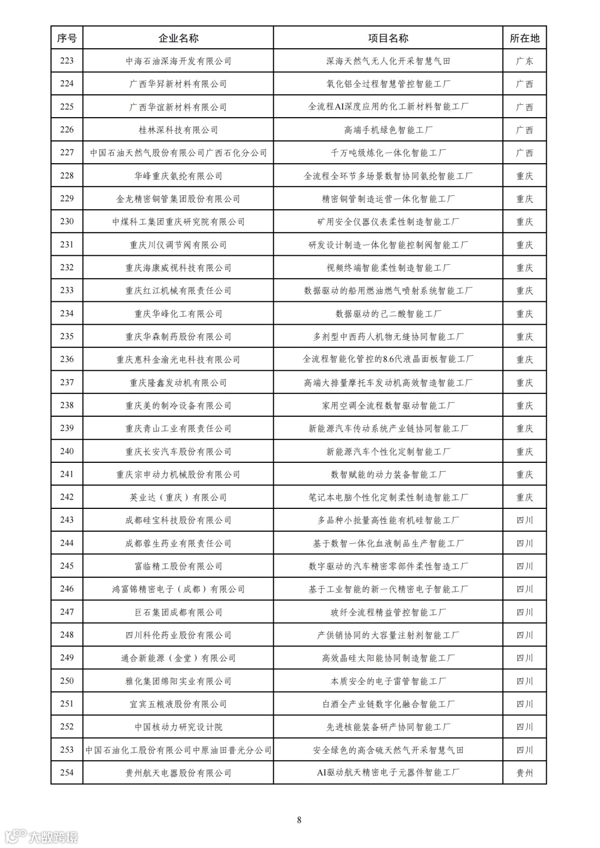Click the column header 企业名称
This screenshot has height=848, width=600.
tap(178, 38)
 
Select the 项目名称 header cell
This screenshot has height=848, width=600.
tap(388, 38)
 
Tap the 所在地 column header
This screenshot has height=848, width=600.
tap(524, 38)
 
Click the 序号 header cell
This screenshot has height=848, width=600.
tap(67, 38)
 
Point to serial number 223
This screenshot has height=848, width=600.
tap(67, 61)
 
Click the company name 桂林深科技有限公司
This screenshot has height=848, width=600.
tap(178, 130)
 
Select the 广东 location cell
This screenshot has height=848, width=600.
tap(524, 61)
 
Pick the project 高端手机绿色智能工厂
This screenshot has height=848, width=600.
tap(388, 130)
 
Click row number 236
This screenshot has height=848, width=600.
tap(67, 359)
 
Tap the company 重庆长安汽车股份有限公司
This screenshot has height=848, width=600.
tap(178, 451)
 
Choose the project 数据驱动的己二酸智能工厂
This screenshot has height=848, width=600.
tap(388, 314)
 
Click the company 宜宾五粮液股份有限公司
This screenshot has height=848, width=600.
tap(178, 704)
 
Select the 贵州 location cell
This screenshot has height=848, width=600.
tap(524, 773)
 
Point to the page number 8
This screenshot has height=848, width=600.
tap(299, 820)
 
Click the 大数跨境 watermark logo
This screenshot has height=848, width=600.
tap(42, 836)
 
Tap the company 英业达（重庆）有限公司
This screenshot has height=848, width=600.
tap(178, 497)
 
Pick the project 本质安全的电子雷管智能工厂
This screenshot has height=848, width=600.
tap(388, 681)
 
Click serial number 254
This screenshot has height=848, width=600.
tap(67, 773)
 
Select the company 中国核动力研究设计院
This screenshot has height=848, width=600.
tap(178, 727)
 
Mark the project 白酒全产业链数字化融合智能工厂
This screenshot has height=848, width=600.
tap(388, 704)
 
